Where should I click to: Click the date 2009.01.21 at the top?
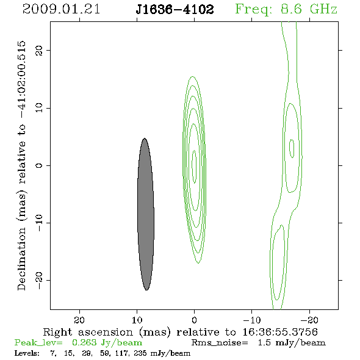(61, 9)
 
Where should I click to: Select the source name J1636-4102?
(175, 10)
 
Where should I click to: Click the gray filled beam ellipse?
(146, 214)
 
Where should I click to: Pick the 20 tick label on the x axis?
(79, 320)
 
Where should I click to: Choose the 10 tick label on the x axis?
(137, 320)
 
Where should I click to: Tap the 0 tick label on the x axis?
(194, 320)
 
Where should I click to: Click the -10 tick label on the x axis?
(252, 320)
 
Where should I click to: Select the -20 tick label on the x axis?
(309, 320)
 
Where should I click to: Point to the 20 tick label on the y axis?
(39, 50)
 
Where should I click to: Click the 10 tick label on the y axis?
(39, 108)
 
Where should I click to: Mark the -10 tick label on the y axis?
(39, 223)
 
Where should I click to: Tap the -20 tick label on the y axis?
(39, 280)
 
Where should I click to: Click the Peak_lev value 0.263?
(84, 342)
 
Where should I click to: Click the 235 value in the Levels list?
(140, 353)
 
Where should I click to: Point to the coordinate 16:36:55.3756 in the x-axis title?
(280, 332)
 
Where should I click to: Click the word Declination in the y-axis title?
(21, 259)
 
